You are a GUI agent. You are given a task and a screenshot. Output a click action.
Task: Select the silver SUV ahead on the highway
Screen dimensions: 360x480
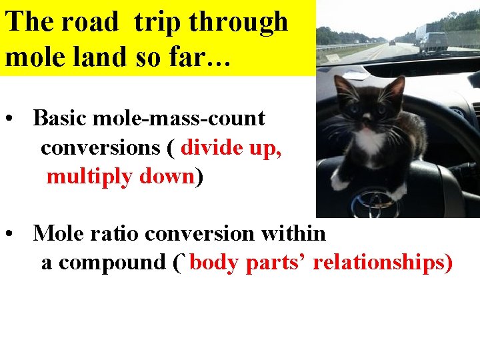click(433, 42)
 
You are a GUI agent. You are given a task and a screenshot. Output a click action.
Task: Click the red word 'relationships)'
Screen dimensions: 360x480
click(383, 263)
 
